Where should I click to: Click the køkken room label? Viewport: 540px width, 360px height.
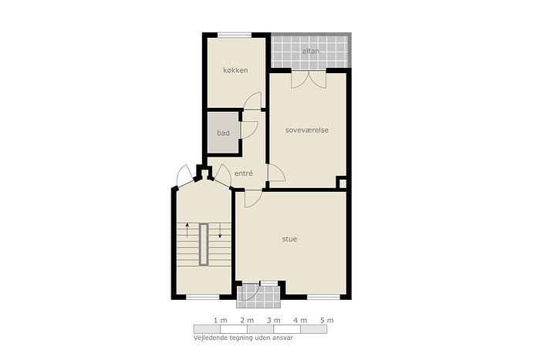point(235,70)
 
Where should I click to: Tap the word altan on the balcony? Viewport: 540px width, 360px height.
point(311,51)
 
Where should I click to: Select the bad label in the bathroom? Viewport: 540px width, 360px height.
point(223,133)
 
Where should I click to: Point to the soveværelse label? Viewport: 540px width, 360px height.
point(307,130)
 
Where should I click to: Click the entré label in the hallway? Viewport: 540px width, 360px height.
point(244,173)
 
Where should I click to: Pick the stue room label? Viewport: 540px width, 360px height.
point(289,239)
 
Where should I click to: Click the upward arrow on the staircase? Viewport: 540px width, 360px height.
point(187,230)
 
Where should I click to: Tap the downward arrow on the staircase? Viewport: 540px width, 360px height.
point(220,230)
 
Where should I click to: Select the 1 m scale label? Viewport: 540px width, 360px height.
point(221,321)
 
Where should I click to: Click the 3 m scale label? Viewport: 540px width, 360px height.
point(273,321)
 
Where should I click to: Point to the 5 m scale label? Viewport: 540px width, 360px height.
point(327,321)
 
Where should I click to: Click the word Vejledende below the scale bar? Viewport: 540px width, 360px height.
point(211,338)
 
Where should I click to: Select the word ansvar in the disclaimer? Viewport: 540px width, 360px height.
point(282,338)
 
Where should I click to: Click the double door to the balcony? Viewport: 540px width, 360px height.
point(309,79)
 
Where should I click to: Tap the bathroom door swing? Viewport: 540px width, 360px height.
point(249,130)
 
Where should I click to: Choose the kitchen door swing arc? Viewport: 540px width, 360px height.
point(252,101)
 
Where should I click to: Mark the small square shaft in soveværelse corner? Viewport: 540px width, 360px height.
point(342,183)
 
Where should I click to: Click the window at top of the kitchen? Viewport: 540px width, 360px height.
point(235,35)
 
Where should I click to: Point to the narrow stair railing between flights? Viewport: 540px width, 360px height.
point(204,244)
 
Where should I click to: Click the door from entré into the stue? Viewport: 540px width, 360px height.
point(253,199)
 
